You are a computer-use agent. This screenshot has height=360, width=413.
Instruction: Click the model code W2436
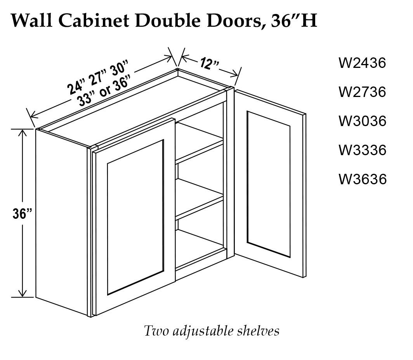(362, 63)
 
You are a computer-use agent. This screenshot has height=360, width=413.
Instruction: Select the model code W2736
(362, 92)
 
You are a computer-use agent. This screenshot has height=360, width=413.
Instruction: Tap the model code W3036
(362, 121)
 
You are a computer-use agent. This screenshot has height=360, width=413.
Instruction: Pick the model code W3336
(362, 150)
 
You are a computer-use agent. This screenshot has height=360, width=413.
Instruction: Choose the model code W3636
(362, 179)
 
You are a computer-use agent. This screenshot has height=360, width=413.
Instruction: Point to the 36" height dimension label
(22, 214)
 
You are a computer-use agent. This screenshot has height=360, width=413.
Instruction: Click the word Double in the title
(171, 21)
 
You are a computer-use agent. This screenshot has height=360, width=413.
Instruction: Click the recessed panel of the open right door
(269, 184)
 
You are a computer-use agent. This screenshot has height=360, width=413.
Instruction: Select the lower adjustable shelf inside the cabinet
(199, 198)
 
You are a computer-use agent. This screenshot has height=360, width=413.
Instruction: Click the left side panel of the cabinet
(62, 221)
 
